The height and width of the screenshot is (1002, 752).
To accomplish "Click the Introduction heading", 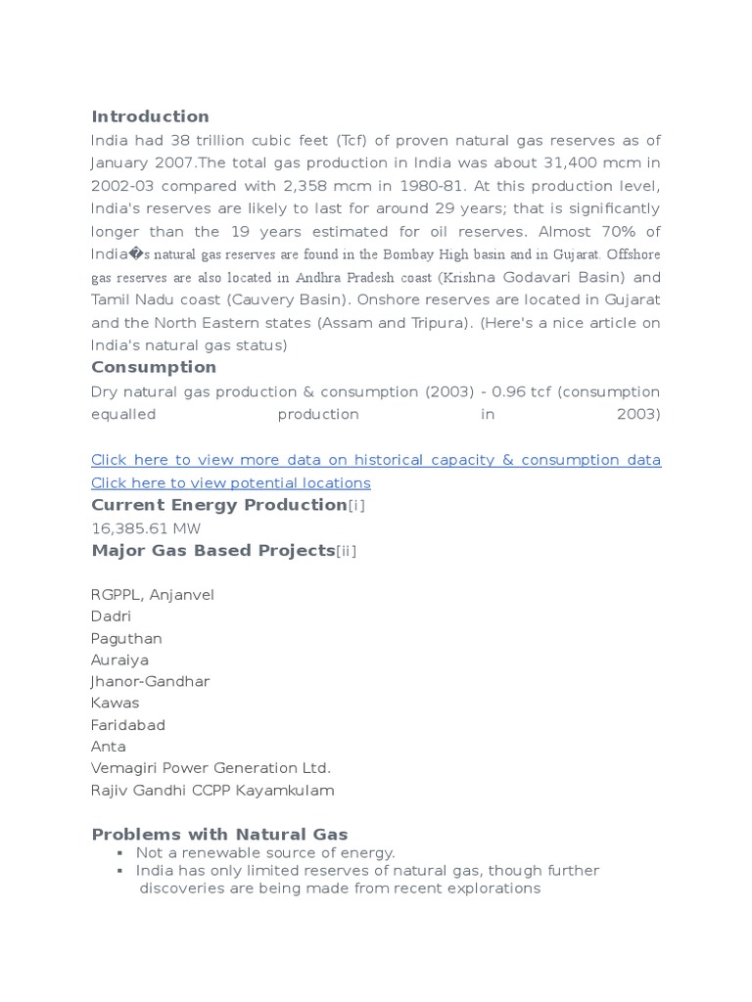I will pos(150,116).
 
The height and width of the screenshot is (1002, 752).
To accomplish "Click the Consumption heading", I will pos(154,367).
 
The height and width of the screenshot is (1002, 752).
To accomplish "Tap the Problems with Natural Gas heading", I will pos(219,835).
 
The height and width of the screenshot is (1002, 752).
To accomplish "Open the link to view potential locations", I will pos(230,482).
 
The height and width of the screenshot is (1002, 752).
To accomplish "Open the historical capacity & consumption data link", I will pos(375,460).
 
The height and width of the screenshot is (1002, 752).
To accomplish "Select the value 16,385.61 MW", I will pos(146,528).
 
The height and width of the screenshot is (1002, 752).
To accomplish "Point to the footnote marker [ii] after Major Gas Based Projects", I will pos(346,551).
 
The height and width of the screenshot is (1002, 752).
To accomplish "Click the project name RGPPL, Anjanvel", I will pos(152,595).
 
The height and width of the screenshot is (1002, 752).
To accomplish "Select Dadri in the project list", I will pos(111,616).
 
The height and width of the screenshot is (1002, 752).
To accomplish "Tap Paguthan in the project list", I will pos(126,638).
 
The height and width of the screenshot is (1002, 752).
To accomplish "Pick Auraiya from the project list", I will pos(119,660).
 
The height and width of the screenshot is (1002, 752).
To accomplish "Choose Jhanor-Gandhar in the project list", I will pos(150,681).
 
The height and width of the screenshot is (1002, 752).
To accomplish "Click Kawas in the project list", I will pos(115,703).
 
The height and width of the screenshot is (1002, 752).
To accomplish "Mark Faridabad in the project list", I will pos(127,725).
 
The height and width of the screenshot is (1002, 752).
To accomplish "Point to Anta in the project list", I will pos(108,747).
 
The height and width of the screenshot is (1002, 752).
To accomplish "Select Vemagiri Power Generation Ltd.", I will pos(211,768).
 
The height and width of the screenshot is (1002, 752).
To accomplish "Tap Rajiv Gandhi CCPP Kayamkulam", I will pos(212,791).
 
